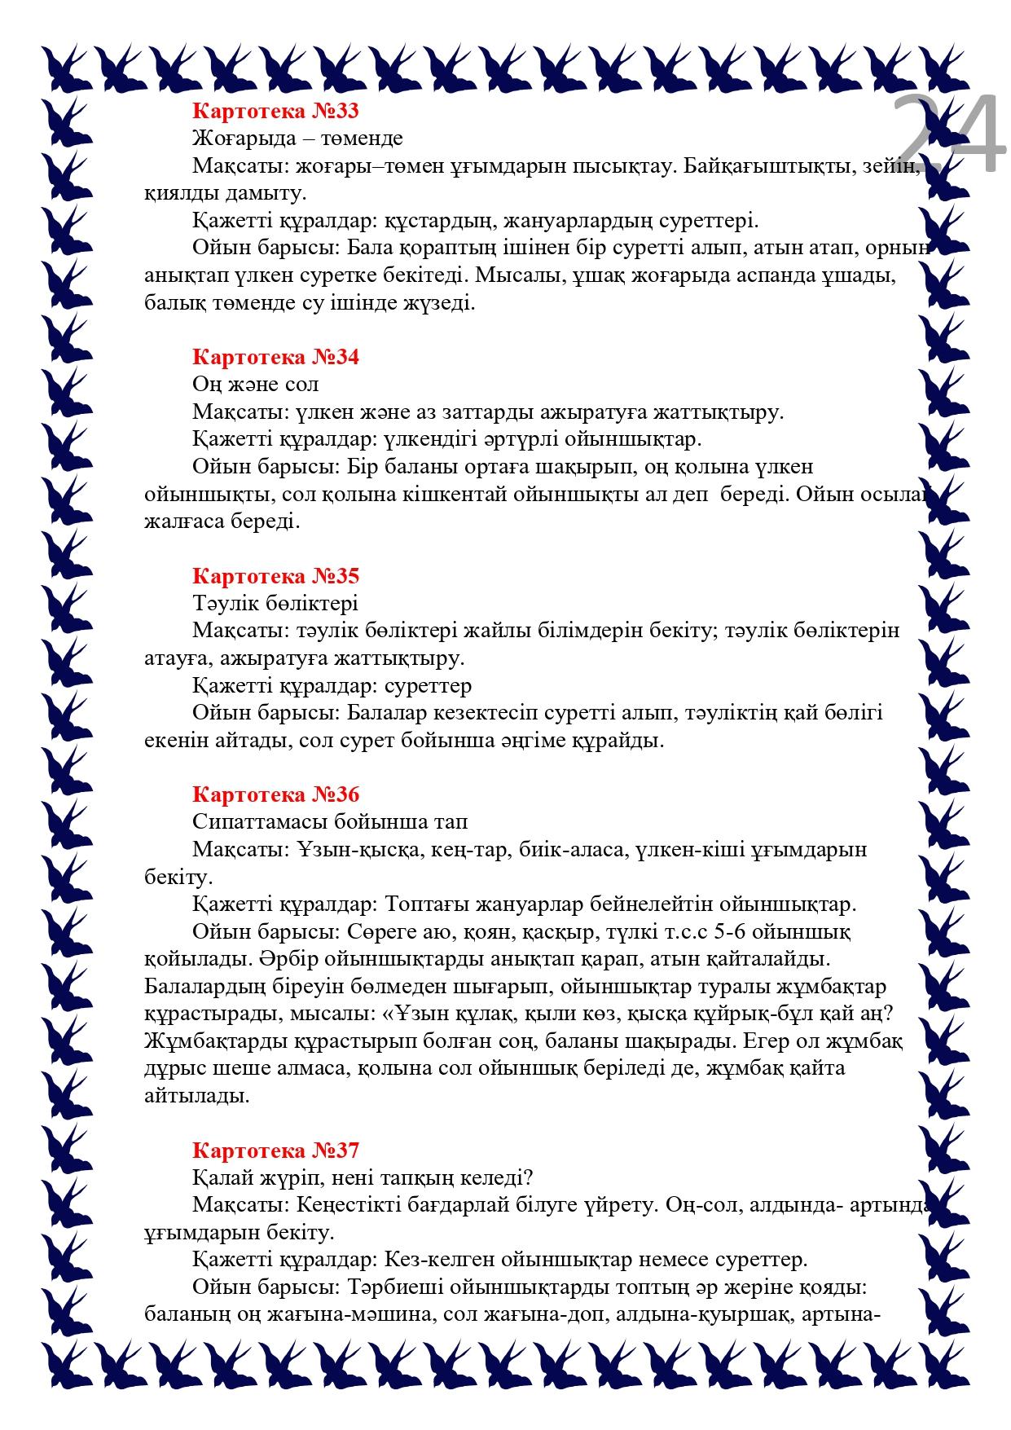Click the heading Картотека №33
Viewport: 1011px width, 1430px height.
[x=275, y=110]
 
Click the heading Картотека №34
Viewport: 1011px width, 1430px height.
[x=275, y=357]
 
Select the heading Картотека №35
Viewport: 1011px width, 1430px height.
[x=275, y=576]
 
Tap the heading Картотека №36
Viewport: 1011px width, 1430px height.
[x=275, y=794]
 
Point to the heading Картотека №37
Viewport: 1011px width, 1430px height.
[x=275, y=1151]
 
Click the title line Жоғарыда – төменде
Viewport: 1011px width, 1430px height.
[x=297, y=138]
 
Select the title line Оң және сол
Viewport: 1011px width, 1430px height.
[x=255, y=384]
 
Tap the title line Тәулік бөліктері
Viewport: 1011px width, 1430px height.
[x=275, y=604]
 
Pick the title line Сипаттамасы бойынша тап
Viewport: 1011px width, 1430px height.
[x=330, y=821]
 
